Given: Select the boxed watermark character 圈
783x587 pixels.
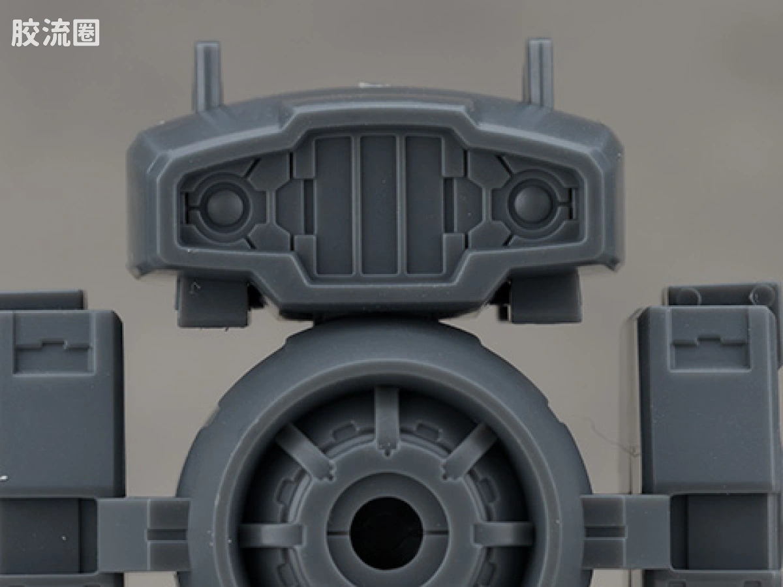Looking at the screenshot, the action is (x=86, y=33).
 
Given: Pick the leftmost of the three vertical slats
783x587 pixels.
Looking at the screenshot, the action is (x=334, y=205).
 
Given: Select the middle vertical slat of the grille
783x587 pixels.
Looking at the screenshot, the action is (x=378, y=205).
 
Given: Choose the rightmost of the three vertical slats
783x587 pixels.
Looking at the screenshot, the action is (x=423, y=205).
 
